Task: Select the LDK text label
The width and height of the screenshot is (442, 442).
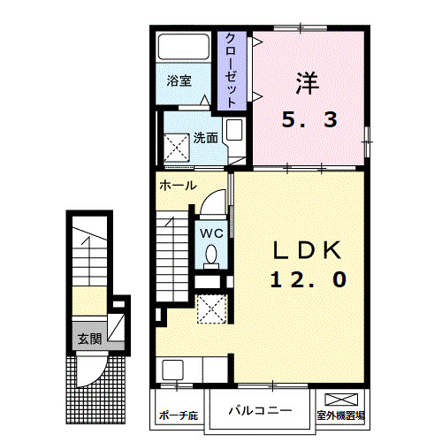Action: (x=306, y=251)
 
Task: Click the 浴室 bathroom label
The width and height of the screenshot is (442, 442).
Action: (x=179, y=81)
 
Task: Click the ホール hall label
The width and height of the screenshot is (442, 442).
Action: (x=178, y=187)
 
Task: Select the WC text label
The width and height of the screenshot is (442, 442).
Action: (x=210, y=232)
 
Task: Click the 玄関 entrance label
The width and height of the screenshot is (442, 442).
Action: (x=88, y=339)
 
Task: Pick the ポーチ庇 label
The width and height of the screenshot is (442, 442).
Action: (x=178, y=415)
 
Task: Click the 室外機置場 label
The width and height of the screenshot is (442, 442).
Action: (x=342, y=415)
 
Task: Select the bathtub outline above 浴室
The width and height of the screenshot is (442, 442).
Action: (x=184, y=49)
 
